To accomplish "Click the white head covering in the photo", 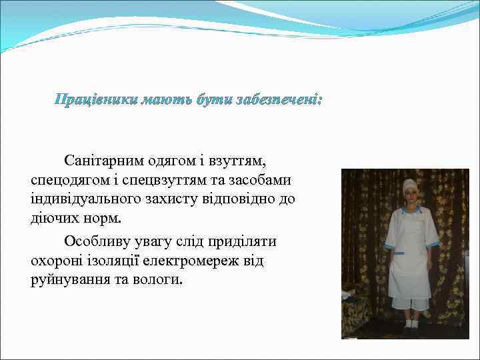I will [x=410, y=186].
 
